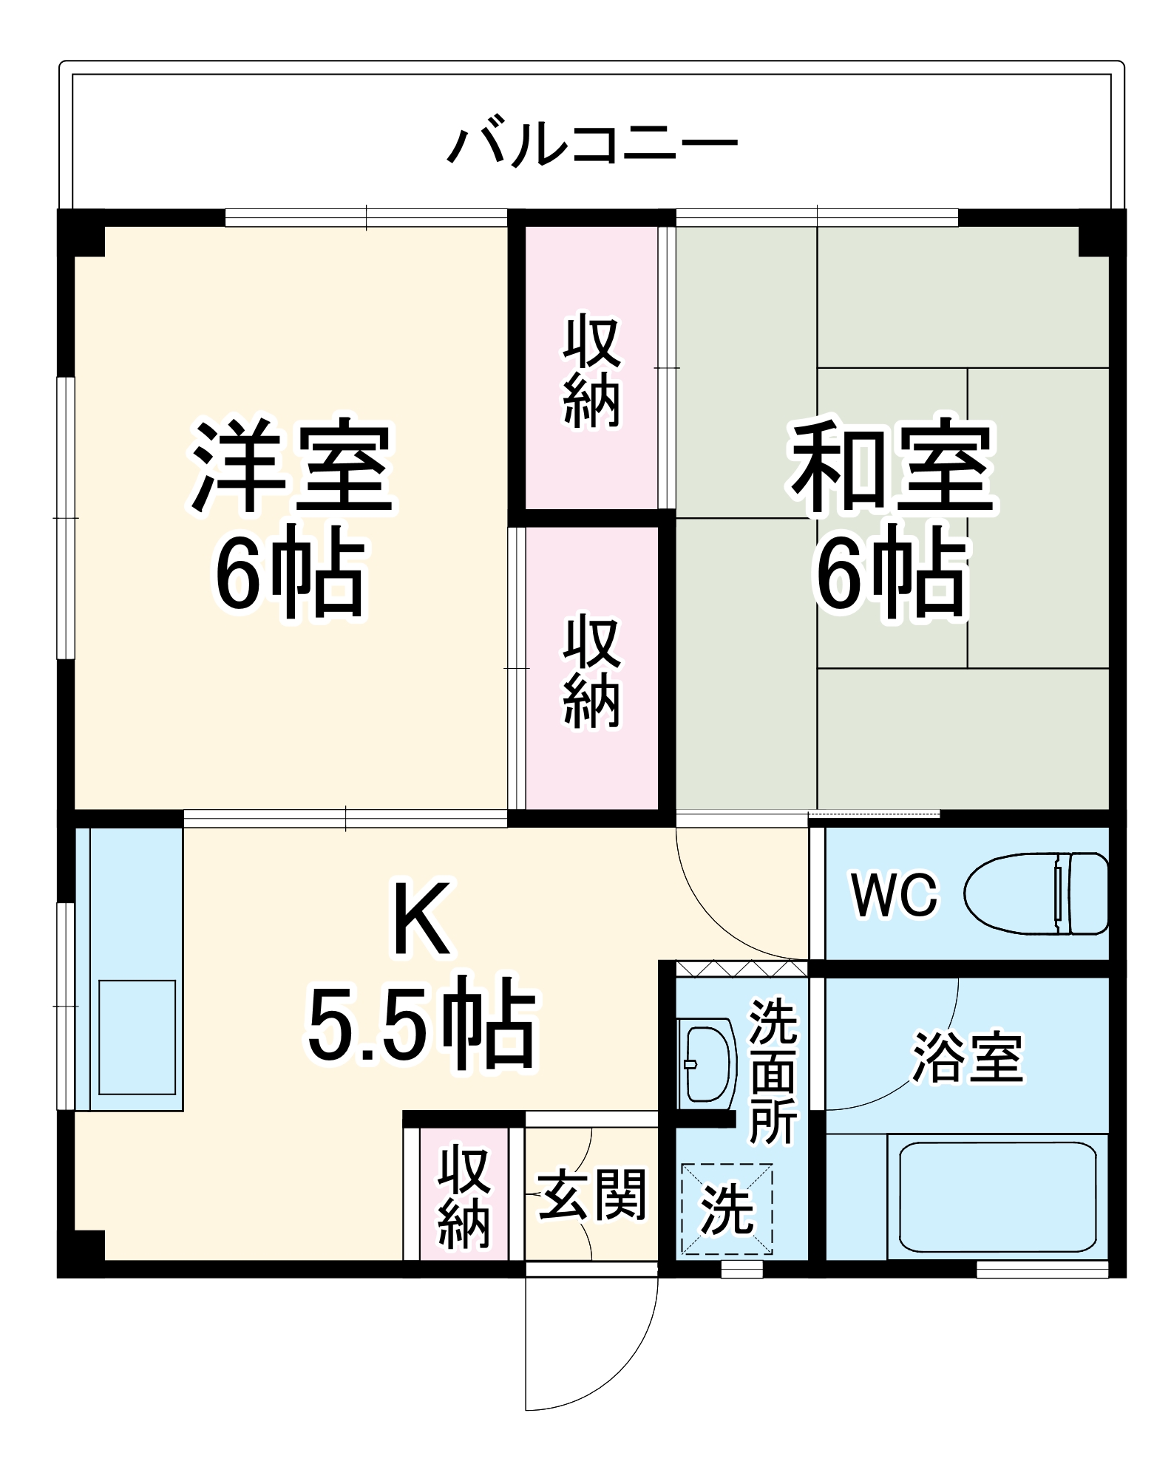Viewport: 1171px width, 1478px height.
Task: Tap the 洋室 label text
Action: tap(292, 467)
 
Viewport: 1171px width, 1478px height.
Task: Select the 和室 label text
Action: tap(892, 467)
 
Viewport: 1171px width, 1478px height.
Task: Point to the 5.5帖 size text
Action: tap(421, 1021)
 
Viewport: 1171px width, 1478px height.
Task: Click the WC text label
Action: tap(895, 895)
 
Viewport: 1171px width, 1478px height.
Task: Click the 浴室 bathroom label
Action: tap(968, 1058)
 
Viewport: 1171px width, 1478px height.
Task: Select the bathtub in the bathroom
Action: tap(997, 1197)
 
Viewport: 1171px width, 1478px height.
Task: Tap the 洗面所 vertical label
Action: tap(773, 1072)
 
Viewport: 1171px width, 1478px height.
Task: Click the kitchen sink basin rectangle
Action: tap(138, 1038)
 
